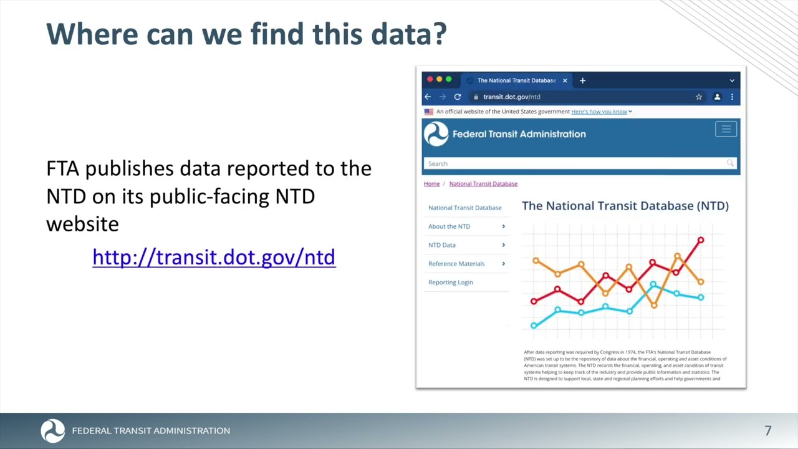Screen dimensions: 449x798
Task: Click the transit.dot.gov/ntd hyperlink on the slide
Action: pos(214,257)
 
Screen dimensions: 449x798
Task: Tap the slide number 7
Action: pos(768,430)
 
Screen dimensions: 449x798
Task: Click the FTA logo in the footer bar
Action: pos(52,431)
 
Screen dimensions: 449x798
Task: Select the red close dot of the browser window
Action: pos(430,80)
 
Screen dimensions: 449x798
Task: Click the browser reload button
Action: pos(458,97)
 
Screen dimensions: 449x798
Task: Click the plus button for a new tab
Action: pos(582,80)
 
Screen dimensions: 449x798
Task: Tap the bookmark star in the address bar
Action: pos(699,97)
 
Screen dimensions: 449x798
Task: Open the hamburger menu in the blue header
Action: pos(726,129)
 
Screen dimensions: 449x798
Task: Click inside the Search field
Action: pos(574,163)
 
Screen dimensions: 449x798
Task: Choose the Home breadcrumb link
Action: pos(431,184)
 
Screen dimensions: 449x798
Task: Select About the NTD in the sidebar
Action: pos(449,226)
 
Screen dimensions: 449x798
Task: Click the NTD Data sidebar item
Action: pos(442,245)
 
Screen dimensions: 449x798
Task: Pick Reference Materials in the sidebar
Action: pos(456,264)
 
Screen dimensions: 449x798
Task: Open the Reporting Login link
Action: pos(451,282)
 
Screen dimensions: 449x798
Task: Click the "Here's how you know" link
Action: pos(599,112)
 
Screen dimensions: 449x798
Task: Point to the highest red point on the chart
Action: pos(701,240)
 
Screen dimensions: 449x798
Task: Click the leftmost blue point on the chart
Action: pos(534,326)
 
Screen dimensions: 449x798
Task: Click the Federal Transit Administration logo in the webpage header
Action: pos(436,134)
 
